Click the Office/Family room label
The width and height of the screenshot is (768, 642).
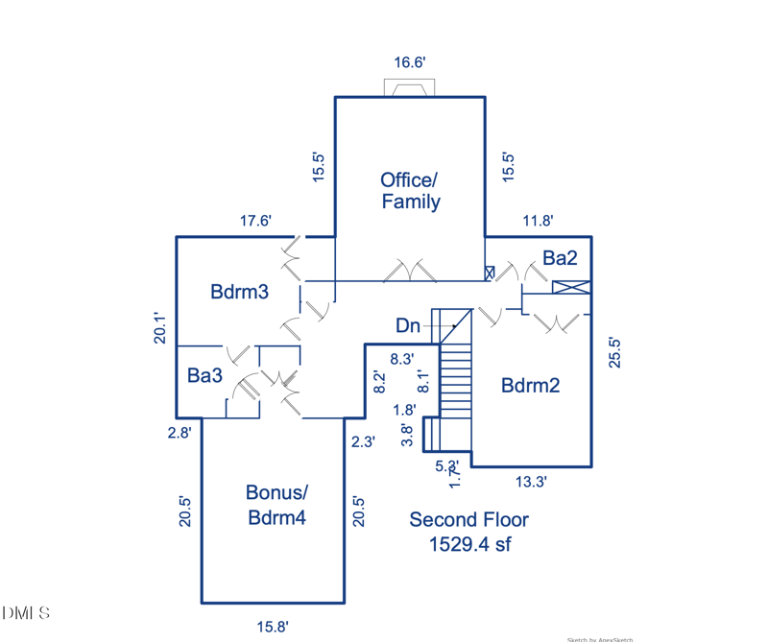(410, 190)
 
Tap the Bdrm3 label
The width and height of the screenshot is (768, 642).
(239, 292)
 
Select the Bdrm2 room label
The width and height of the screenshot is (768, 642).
(530, 386)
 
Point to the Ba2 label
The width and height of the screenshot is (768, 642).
(560, 257)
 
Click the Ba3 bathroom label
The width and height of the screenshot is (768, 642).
(204, 375)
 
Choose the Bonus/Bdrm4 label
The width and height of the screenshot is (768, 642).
(276, 505)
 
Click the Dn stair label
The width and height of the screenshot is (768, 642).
(408, 326)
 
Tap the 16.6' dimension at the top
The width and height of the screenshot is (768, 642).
(410, 62)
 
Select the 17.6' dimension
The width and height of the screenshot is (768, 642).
(255, 221)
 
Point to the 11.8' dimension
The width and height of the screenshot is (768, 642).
(538, 221)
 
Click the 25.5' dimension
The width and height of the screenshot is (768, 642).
(615, 351)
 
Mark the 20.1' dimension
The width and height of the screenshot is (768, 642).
(163, 328)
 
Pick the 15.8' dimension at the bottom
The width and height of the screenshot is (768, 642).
(273, 627)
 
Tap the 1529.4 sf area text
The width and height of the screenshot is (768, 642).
(468, 544)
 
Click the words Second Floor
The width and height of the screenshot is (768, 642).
(468, 519)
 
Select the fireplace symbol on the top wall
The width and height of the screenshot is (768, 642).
(410, 88)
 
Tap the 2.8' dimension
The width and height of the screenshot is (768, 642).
(179, 433)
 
